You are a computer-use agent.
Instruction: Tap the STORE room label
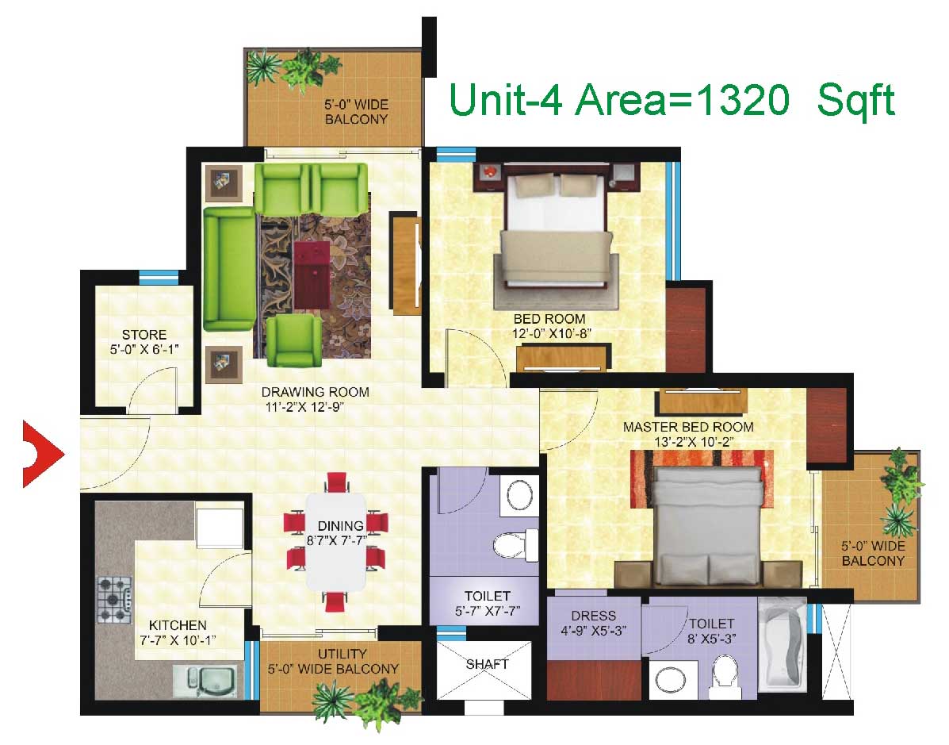tap(144, 334)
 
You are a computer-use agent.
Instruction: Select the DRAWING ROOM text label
tap(316, 392)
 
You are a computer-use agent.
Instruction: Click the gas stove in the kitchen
tap(114, 600)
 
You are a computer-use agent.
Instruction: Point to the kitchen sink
tap(209, 680)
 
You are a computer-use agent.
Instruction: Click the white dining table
tap(336, 542)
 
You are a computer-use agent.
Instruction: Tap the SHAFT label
tap(488, 664)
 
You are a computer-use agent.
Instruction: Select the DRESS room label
tap(593, 616)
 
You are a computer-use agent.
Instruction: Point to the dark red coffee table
tap(312, 275)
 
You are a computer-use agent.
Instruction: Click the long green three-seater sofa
tap(229, 269)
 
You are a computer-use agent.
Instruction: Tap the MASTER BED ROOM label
tap(688, 427)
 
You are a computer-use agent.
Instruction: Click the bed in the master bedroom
tap(708, 526)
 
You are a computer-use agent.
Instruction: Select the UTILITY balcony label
tap(342, 654)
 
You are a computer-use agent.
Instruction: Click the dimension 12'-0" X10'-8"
tap(551, 333)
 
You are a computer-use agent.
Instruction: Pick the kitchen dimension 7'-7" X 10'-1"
tap(178, 639)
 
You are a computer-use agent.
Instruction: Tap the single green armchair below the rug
tap(295, 340)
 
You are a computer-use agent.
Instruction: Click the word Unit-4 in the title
tap(506, 100)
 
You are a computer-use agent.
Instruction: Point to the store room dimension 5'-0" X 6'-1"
tap(144, 349)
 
